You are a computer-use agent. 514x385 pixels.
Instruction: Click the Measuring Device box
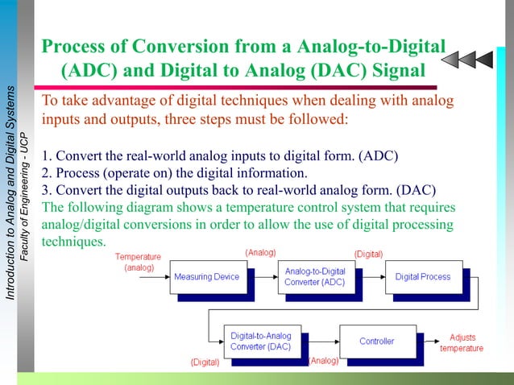pyautogui.click(x=206, y=277)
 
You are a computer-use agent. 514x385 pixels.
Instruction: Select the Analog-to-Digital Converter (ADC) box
pyautogui.click(x=314, y=277)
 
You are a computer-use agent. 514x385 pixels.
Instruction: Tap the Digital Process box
pyautogui.click(x=423, y=277)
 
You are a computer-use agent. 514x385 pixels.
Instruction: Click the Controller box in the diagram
pyautogui.click(x=376, y=341)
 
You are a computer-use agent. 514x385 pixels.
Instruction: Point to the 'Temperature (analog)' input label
pyautogui.click(x=139, y=261)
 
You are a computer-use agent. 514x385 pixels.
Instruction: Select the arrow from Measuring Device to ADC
pyautogui.click(x=263, y=277)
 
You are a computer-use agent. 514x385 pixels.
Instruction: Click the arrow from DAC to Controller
pyautogui.click(x=316, y=341)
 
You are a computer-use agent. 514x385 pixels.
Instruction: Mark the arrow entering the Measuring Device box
pyautogui.click(x=155, y=277)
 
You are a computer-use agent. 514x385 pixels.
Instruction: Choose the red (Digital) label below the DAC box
pyautogui.click(x=205, y=362)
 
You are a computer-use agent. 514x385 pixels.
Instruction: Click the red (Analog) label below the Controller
pyautogui.click(x=324, y=361)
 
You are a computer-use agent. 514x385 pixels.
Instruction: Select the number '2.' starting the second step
pyautogui.click(x=47, y=172)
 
